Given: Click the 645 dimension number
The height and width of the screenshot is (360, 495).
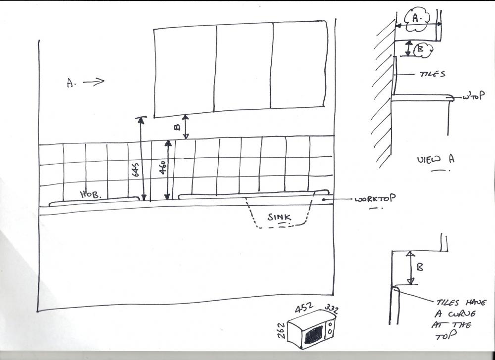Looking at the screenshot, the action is coord(135,169).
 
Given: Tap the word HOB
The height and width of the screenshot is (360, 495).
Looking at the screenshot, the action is coord(91,194).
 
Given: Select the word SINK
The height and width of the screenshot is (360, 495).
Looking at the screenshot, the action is coord(279,217).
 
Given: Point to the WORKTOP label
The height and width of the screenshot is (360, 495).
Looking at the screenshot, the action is coord(375,199).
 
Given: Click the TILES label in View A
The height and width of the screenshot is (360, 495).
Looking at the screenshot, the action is coord(432,74).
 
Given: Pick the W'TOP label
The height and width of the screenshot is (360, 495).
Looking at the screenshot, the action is coord(473,96).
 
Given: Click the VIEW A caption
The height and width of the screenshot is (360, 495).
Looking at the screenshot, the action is coord(436,159).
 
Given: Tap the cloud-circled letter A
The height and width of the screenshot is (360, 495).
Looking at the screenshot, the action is coord(417,19).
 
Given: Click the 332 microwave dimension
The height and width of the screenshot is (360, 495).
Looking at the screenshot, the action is coord(332,309).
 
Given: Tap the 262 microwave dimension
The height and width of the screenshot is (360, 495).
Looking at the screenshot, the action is coord(281,330).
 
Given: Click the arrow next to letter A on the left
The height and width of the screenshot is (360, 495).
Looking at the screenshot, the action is coord(94,82).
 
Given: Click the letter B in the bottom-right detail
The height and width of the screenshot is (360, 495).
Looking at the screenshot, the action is coord(420,268).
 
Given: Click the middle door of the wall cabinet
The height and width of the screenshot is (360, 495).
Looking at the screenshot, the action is coord(244,67).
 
